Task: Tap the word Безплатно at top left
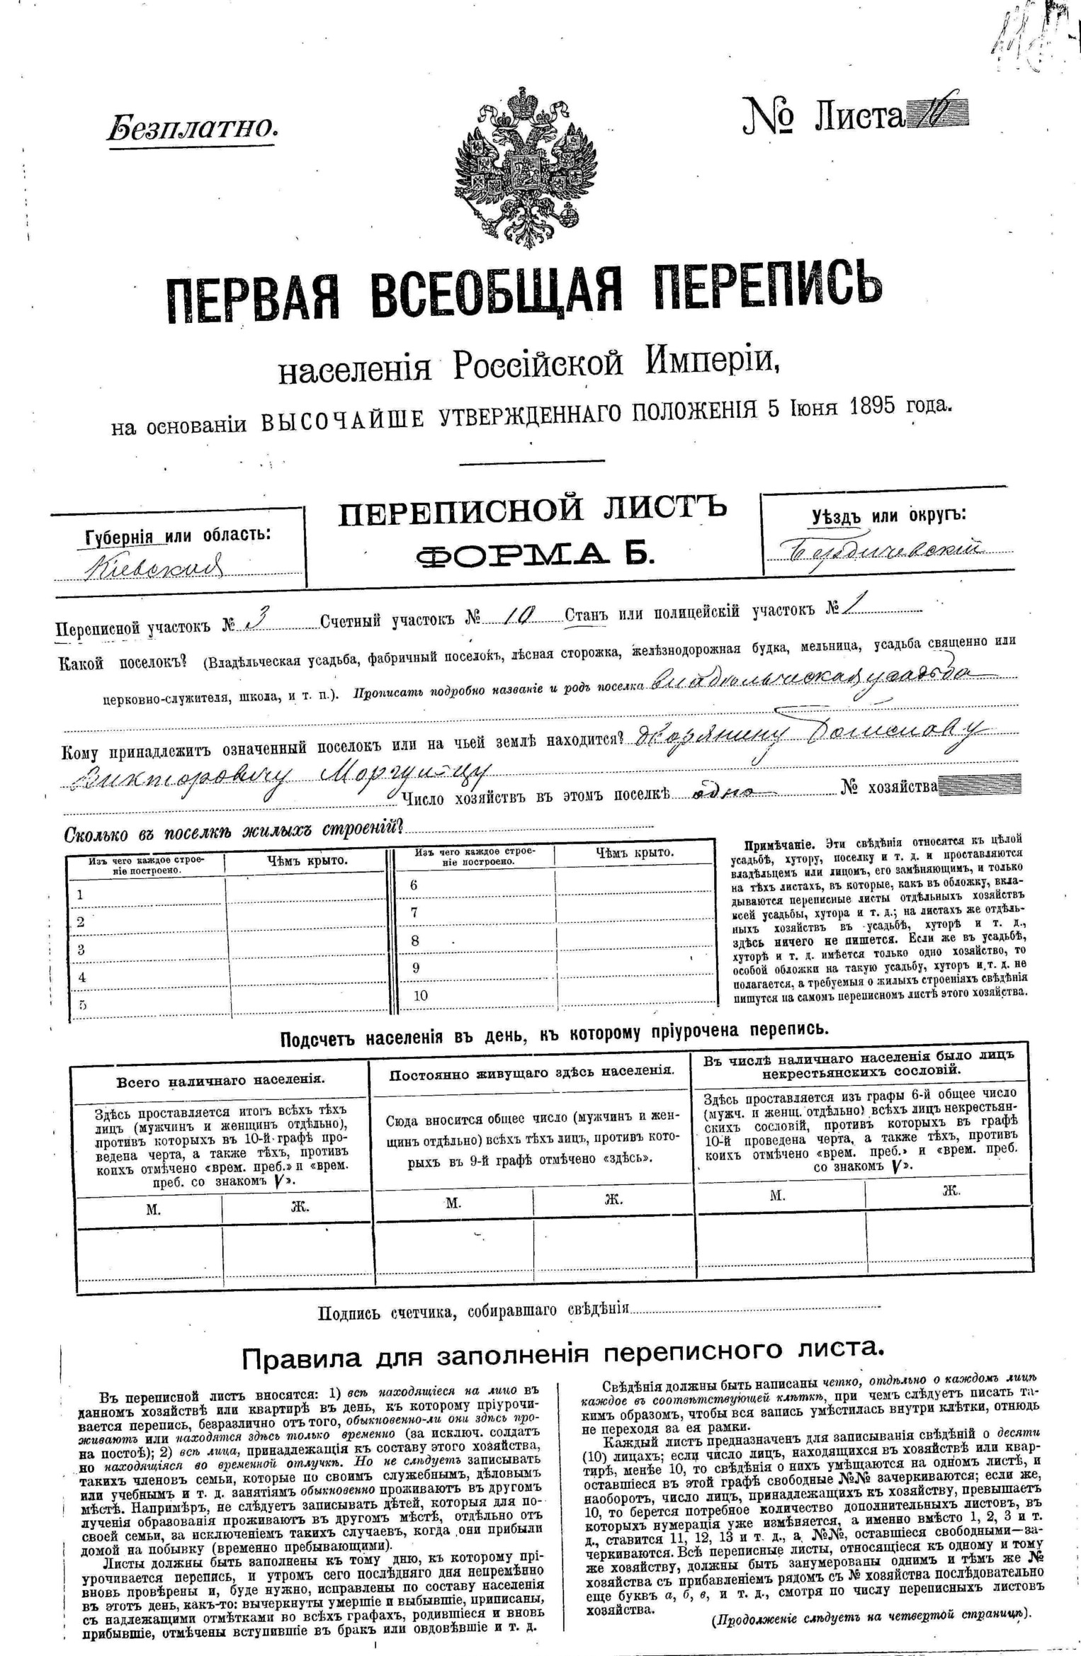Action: pyautogui.click(x=192, y=127)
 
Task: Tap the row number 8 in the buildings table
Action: pyautogui.click(x=415, y=941)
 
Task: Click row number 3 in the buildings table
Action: pyautogui.click(x=81, y=949)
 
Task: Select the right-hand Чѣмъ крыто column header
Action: pyautogui.click(x=634, y=853)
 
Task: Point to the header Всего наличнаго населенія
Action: pyautogui.click(x=220, y=1080)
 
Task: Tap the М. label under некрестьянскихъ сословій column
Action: pyautogui.click(x=778, y=1195)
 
